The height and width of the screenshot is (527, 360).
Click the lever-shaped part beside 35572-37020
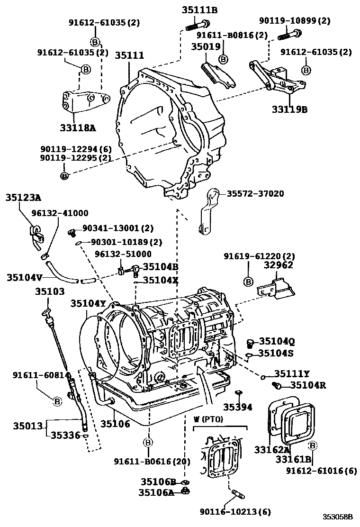tap(207, 211)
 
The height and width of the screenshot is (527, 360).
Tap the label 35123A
tap(23, 198)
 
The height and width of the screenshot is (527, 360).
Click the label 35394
tap(238, 406)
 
